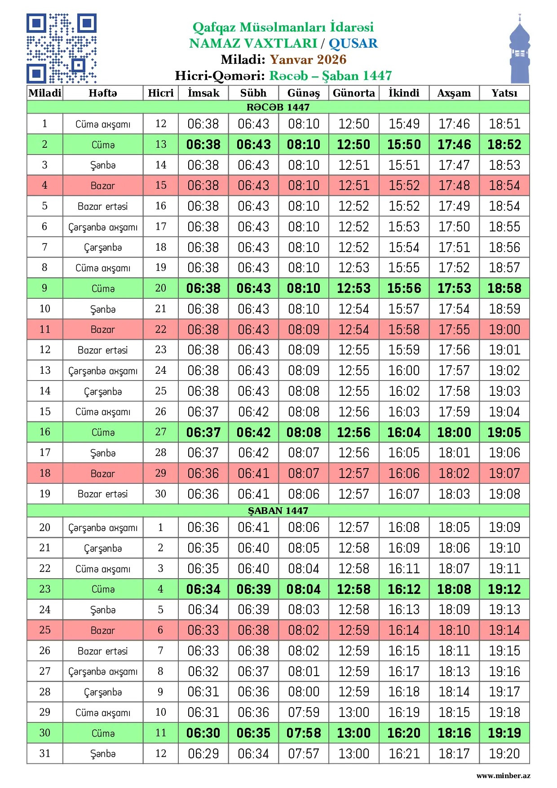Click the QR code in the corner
[62, 49]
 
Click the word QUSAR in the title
[353, 43]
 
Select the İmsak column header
[203, 93]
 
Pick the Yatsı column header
[504, 93]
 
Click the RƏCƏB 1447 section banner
[278, 107]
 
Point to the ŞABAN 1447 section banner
[278, 510]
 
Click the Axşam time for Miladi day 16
[454, 432]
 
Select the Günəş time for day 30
[304, 733]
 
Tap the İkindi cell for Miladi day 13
[404, 371]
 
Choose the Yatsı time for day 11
[504, 329]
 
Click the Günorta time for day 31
[354, 753]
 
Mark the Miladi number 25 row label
[45, 630]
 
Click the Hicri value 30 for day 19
[161, 494]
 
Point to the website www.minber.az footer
[503, 775]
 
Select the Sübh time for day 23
[253, 589]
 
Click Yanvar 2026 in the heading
[308, 59]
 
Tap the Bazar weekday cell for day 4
[103, 186]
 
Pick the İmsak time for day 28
[203, 692]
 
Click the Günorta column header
[354, 93]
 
